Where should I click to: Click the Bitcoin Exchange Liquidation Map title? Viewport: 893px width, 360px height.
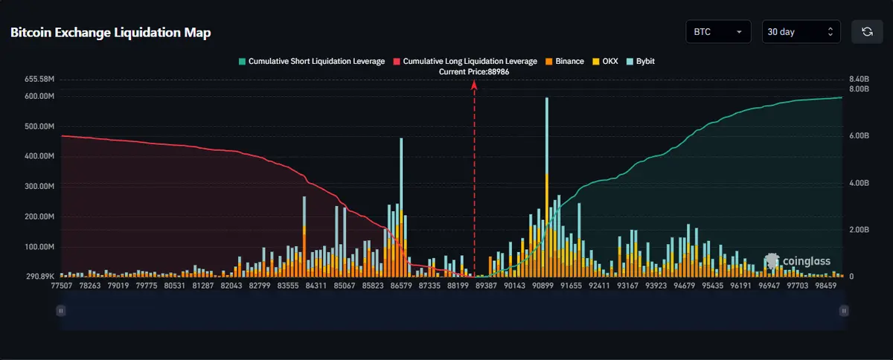(x=110, y=32)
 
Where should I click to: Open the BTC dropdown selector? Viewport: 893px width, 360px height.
(x=718, y=32)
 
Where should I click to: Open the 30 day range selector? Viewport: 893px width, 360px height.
(x=801, y=32)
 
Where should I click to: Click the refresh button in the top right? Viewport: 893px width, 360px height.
(x=867, y=32)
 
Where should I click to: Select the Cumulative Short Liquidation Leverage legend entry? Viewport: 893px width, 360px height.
(x=311, y=61)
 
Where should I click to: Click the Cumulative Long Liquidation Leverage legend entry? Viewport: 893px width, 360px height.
(x=464, y=61)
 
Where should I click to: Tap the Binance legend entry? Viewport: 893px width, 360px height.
(x=565, y=61)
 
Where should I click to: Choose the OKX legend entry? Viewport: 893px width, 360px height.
(x=605, y=61)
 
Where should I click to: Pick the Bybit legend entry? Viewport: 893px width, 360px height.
(x=640, y=61)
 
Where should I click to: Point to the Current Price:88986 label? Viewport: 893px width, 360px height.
(x=474, y=71)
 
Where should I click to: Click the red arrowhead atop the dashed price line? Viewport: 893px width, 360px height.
(x=474, y=84)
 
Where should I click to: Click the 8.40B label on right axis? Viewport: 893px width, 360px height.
(x=859, y=79)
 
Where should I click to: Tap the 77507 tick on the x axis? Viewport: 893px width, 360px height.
(x=61, y=285)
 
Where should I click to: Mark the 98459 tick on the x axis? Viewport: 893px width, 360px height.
(x=828, y=285)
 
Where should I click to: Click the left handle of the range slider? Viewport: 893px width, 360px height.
(x=61, y=311)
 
